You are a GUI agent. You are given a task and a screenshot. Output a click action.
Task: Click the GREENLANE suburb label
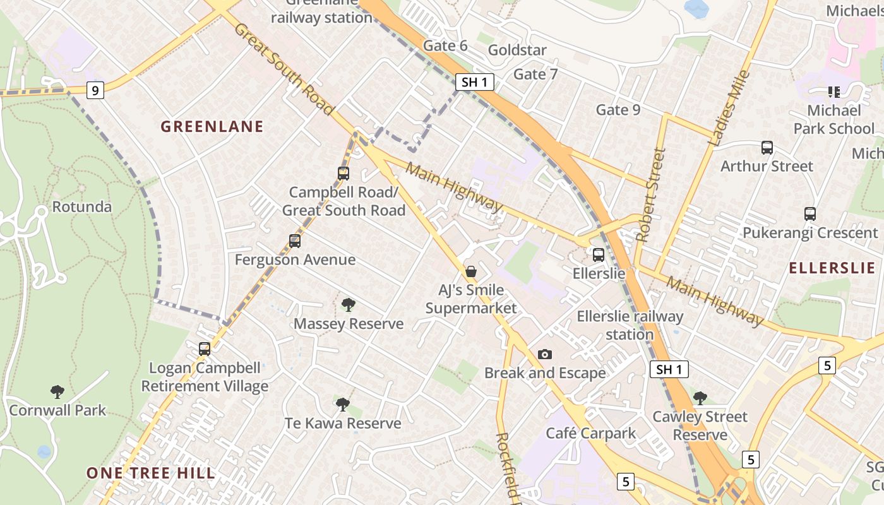(x=212, y=126)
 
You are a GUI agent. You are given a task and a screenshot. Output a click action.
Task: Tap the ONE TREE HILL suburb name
(x=150, y=473)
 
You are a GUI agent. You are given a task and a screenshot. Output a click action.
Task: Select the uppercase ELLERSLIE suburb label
(x=832, y=268)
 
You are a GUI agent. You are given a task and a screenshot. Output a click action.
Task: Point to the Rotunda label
(x=81, y=206)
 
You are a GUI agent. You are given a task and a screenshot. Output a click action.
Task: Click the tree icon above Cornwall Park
(x=57, y=392)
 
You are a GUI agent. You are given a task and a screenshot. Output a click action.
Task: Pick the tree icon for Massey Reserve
(x=348, y=306)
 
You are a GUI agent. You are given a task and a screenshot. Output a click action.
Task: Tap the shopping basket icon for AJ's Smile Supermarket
(x=470, y=271)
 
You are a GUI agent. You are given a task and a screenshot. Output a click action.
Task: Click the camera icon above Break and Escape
(x=545, y=354)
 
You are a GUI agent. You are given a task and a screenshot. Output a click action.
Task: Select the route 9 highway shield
(x=95, y=91)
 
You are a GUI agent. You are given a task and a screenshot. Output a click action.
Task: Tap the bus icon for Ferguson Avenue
(x=295, y=241)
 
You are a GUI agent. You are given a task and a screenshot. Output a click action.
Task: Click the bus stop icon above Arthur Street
(x=767, y=148)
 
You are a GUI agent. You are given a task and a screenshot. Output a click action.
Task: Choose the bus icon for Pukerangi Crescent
(x=810, y=214)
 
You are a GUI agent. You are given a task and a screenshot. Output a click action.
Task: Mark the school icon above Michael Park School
(x=834, y=92)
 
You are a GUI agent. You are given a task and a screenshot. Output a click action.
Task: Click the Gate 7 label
(x=535, y=74)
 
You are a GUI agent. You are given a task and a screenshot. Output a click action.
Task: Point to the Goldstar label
(x=517, y=50)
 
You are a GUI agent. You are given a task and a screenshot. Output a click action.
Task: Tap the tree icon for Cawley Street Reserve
(x=700, y=398)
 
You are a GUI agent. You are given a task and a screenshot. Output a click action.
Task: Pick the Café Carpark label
(x=591, y=433)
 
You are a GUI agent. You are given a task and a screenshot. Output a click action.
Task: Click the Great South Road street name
(x=284, y=69)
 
